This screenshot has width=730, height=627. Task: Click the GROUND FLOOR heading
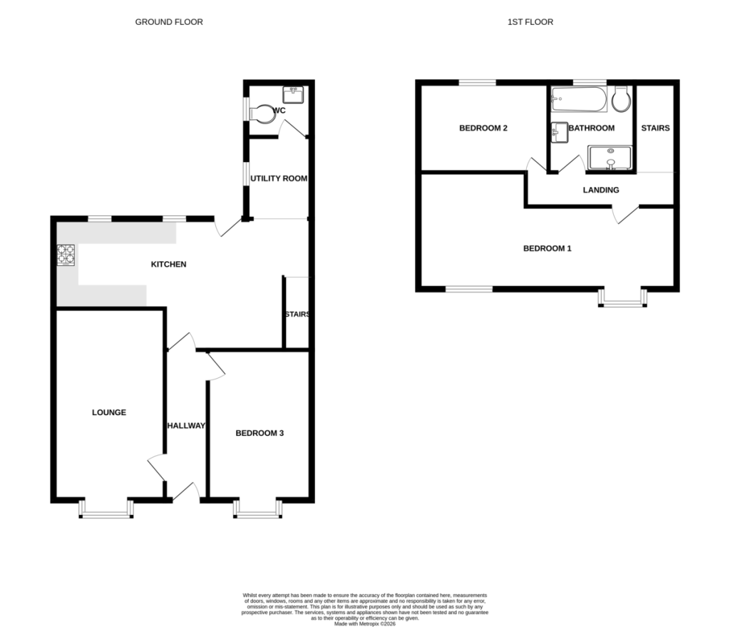coord(169,22)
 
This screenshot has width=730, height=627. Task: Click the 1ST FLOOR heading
coord(530,22)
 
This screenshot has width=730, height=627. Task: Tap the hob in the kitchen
coord(66,255)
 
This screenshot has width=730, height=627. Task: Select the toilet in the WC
coord(262,113)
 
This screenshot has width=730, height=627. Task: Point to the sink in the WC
coord(293,95)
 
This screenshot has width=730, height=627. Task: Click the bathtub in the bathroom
coord(579,99)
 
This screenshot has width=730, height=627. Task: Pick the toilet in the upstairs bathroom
coord(621,98)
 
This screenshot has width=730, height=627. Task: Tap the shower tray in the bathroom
coord(610,158)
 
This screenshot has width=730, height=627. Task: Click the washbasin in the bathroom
coord(559,133)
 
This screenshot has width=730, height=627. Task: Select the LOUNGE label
coord(109,412)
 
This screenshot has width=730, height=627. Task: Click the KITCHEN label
coord(168,264)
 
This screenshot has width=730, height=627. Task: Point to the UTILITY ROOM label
coord(279,178)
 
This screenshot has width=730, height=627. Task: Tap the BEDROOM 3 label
coord(259,433)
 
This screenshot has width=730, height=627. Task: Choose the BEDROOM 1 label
coord(547,248)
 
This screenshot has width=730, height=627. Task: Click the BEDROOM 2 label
coord(483,128)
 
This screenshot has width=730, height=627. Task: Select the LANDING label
coord(601,190)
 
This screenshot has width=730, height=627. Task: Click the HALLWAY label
coord(186,425)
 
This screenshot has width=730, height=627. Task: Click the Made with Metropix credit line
coord(365,623)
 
